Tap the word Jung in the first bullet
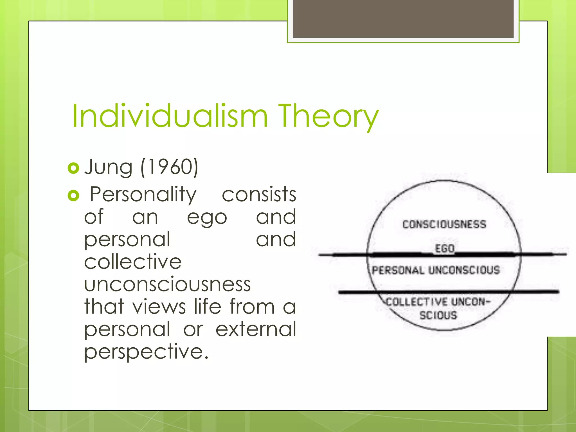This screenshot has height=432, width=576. (x=108, y=167)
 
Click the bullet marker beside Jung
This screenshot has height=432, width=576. (x=73, y=168)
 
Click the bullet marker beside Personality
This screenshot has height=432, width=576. (x=73, y=195)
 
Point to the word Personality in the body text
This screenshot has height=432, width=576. (x=143, y=195)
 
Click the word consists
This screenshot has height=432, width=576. (x=259, y=195)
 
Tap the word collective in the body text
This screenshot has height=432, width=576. (x=133, y=262)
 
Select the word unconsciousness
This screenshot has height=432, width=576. (x=167, y=284)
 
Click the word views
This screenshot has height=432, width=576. (x=159, y=306)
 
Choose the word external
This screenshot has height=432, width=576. (x=256, y=329)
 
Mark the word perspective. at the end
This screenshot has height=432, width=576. (x=146, y=352)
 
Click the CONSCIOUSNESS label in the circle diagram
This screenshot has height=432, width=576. (x=444, y=224)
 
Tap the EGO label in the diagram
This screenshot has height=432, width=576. (x=445, y=249)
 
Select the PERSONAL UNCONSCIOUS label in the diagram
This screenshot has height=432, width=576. (x=436, y=270)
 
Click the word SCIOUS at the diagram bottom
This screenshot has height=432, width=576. (x=438, y=315)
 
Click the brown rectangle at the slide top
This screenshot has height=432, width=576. (x=403, y=19)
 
